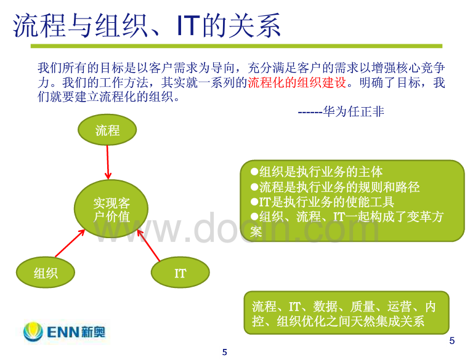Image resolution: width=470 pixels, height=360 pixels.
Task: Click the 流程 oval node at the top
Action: [107, 130]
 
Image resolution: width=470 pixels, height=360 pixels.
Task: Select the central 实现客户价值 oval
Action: [111, 209]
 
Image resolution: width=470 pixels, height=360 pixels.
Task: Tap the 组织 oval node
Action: [46, 273]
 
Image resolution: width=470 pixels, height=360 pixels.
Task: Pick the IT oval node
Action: [180, 273]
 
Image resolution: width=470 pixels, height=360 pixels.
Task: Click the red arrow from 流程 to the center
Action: [108, 162]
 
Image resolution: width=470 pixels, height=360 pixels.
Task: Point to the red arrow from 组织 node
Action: [70, 243]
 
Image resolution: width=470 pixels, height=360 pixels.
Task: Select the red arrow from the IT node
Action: [148, 246]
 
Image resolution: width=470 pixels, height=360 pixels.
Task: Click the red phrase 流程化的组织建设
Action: [297, 82]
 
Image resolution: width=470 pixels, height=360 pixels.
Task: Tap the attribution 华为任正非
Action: [354, 112]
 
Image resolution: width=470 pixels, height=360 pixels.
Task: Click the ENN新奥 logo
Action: [65, 332]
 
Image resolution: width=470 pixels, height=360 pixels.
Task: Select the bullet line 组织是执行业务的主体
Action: [317, 172]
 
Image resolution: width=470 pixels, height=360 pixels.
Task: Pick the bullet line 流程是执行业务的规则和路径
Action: [335, 187]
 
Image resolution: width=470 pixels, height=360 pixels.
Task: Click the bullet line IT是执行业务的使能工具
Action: [322, 202]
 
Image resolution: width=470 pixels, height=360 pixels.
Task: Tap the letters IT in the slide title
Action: [188, 26]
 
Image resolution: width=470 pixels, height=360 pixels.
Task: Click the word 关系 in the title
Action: [254, 26]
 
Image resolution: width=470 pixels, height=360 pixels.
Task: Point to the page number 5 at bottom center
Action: [224, 352]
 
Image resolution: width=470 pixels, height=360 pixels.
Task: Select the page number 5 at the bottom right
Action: [452, 340]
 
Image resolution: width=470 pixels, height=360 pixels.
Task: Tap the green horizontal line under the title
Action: [237, 46]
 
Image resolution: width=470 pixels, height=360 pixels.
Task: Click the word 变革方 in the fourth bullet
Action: [425, 217]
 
